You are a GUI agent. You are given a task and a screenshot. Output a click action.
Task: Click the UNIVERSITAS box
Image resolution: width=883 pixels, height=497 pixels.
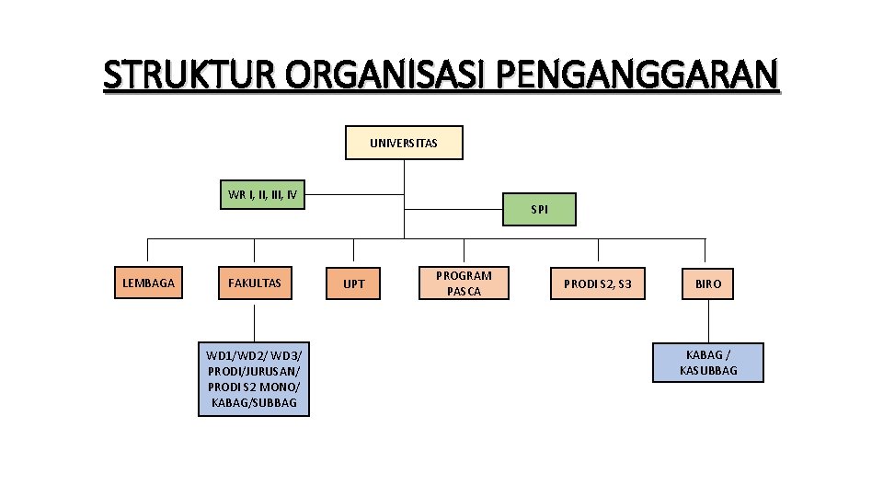click(x=404, y=144)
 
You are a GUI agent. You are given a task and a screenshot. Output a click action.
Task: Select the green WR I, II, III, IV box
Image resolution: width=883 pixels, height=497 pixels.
click(x=262, y=195)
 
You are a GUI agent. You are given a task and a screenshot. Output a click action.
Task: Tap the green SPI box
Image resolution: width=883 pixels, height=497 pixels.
click(x=540, y=210)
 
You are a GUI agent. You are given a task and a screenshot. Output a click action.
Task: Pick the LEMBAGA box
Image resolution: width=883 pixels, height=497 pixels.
click(x=148, y=283)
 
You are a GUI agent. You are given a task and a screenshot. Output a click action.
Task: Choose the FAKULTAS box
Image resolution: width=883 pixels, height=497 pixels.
click(x=255, y=283)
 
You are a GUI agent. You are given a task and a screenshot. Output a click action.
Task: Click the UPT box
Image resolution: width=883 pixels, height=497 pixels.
click(x=354, y=283)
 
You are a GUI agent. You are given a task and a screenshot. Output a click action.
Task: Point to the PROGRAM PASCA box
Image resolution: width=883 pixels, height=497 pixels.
click(x=464, y=283)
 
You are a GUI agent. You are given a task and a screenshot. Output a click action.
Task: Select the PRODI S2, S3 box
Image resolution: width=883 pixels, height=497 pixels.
click(x=598, y=283)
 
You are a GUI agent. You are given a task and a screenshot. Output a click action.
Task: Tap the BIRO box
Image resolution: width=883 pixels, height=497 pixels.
click(x=708, y=283)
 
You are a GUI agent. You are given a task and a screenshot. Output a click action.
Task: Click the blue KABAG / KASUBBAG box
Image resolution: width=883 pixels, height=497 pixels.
click(x=708, y=363)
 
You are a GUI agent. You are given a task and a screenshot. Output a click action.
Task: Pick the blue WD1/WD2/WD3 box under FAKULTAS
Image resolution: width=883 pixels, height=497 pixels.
click(x=254, y=379)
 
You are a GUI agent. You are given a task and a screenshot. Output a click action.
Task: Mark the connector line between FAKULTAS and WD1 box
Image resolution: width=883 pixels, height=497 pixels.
click(x=255, y=322)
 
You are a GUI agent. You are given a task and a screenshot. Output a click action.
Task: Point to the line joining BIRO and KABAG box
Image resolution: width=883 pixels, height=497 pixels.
click(x=708, y=322)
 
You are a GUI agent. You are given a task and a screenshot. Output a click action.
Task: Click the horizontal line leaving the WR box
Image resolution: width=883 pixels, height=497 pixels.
click(x=354, y=195)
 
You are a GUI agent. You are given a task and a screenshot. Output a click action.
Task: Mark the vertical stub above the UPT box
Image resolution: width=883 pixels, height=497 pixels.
click(x=354, y=251)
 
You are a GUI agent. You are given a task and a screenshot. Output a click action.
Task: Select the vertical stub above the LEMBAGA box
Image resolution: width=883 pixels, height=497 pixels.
click(x=148, y=251)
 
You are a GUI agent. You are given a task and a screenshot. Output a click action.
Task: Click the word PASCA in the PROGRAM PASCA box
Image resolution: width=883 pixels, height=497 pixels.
click(x=464, y=292)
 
